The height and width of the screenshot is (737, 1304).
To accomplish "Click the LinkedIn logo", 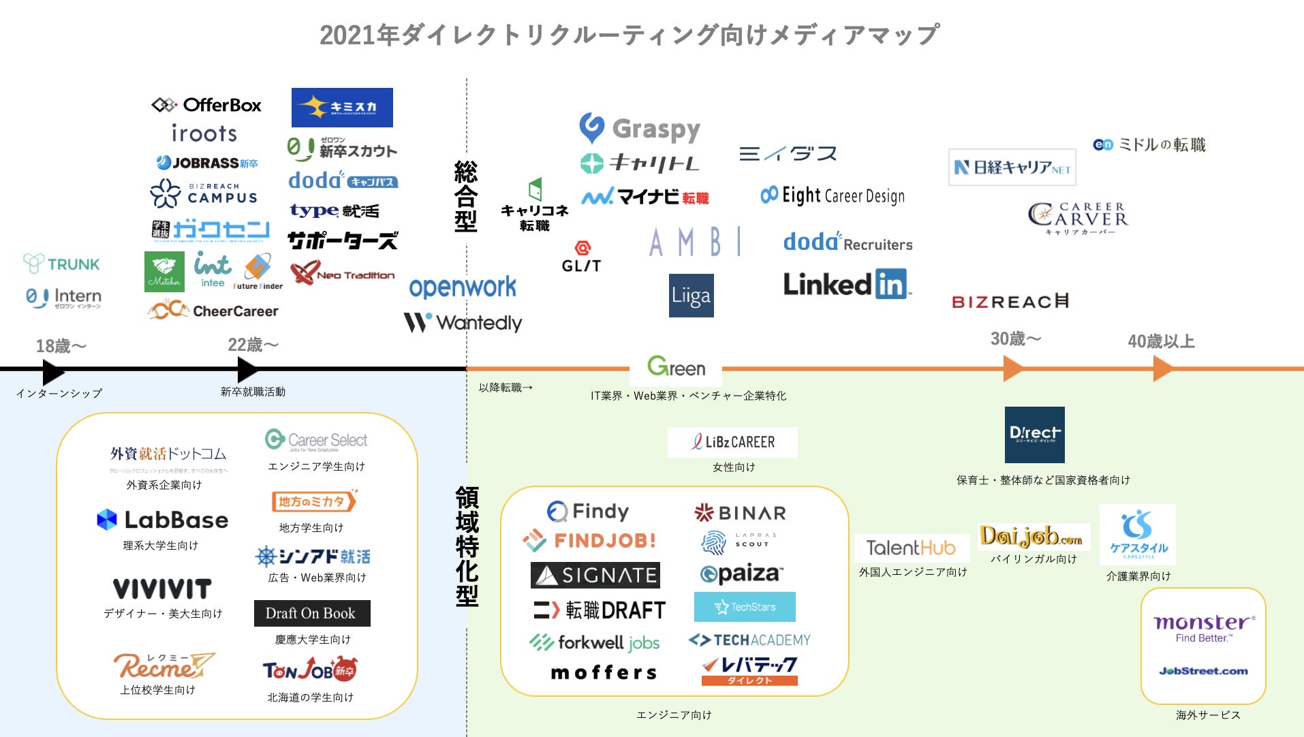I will pos(846,285).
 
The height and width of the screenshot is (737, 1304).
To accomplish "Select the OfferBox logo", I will pos(206,105).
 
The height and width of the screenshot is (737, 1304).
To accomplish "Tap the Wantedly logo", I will pos(463,322).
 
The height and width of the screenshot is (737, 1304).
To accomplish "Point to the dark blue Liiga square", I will pos(692,296).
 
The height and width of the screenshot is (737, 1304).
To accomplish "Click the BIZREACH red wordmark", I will pos(1010,301).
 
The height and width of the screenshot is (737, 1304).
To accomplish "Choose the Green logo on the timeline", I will pos(676,367).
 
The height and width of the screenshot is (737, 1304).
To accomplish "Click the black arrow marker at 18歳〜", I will pos(52,372).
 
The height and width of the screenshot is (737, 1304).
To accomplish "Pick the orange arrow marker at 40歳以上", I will pos(1162,368).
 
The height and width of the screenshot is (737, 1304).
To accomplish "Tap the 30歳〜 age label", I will pos(1015,339).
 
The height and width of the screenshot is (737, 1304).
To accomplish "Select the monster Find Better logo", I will pos(1204,627).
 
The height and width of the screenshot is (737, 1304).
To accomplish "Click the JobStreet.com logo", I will pos(1203,671).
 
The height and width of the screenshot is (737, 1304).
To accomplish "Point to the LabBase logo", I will pos(163,520).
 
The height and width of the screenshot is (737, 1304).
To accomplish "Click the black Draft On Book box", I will pos(311,613).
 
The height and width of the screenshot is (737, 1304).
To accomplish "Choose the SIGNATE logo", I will pos(595,576).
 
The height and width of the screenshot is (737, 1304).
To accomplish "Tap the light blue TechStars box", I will pos(745,607).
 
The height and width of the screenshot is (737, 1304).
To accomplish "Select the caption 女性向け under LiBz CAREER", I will pos(734,467).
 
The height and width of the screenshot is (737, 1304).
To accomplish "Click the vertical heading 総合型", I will pos(466,197).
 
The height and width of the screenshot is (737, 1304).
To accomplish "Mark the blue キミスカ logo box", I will pos(342,108).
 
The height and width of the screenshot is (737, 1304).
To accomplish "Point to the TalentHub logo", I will pos(911,548).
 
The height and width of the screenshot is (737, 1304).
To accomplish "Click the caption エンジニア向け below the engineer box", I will pos(674,715).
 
